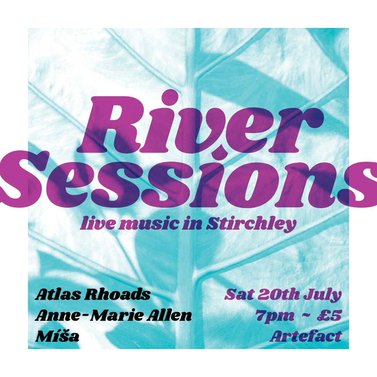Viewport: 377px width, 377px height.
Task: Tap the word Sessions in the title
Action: click(x=188, y=180)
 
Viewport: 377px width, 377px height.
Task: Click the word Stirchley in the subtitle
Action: click(x=251, y=224)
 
